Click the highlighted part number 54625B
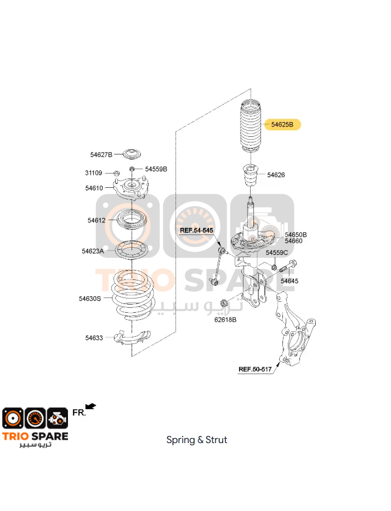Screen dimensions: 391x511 click(282, 124)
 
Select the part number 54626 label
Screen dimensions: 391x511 click(276, 175)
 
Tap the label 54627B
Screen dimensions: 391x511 click(101, 155)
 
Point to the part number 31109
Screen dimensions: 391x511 click(94, 173)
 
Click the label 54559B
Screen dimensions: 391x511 click(156, 169)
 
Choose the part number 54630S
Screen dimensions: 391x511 click(90, 298)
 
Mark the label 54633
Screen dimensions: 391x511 click(94, 338)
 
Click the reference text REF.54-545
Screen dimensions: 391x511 click(196, 231)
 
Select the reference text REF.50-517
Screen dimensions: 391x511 click(255, 369)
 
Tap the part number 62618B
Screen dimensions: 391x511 click(225, 320)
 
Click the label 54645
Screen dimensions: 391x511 click(290, 281)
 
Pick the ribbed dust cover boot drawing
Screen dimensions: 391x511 click(251, 128)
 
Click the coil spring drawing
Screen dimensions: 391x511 click(132, 296)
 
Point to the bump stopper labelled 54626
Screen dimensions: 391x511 click(251, 175)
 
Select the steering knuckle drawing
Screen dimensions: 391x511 click(294, 329)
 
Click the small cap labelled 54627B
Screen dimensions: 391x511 click(132, 154)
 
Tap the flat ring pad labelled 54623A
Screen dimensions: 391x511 click(131, 250)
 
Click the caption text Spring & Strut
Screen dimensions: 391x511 click(196, 440)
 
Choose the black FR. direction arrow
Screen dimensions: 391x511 click(90, 406)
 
